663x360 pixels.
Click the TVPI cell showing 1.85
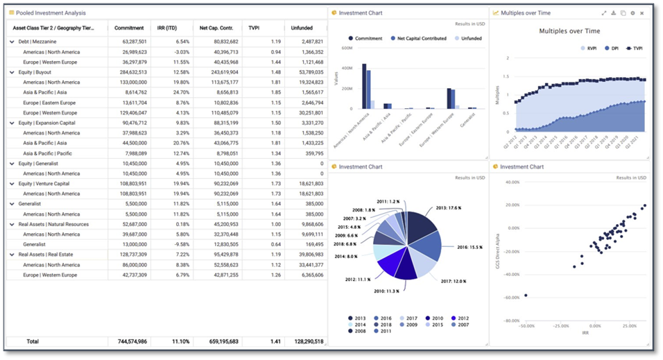(x=275, y=92)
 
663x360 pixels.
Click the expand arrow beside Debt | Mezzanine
(x=12, y=42)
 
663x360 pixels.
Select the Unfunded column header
(x=301, y=28)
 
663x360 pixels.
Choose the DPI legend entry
(x=614, y=49)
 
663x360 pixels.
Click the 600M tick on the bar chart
(x=347, y=48)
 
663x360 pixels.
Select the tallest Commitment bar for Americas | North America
(x=364, y=86)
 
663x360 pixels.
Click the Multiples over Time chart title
(x=569, y=31)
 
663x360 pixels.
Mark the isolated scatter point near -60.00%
(x=526, y=295)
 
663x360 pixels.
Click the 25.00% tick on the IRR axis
(x=630, y=325)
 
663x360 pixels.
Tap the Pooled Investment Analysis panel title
(x=51, y=13)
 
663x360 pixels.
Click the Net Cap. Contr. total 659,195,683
(x=219, y=342)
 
